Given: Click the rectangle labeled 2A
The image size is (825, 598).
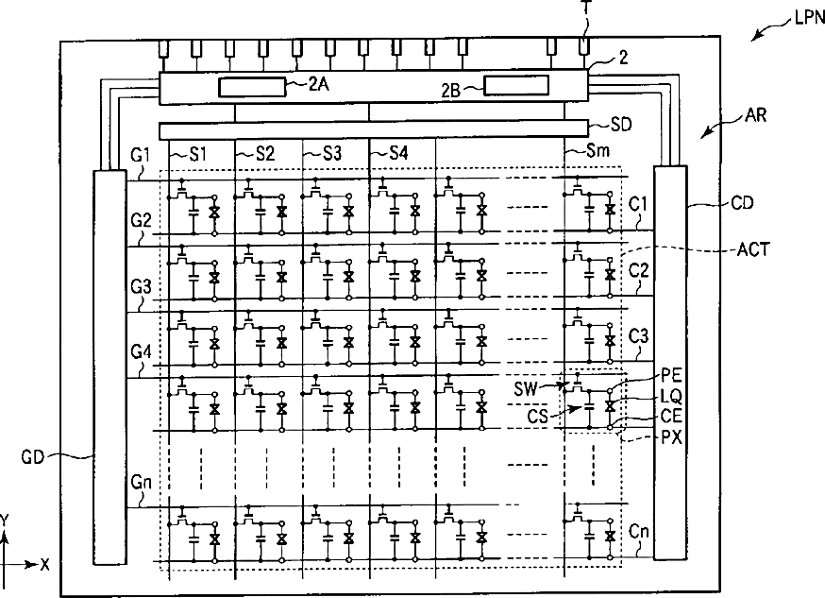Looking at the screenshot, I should coord(252,88).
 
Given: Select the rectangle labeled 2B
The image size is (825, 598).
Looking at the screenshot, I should coord(515,87).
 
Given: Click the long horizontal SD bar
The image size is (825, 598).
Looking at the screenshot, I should coord(374,129).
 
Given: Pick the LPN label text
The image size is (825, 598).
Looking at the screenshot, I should coord(805,18).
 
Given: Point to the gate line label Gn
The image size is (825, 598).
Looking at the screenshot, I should coord(142,481).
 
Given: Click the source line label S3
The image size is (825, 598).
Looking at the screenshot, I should coord(332,152).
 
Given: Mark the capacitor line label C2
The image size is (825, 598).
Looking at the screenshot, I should coord(638,269).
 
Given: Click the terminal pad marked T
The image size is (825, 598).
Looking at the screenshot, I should coord(585,45).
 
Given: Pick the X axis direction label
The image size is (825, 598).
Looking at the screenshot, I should coord(44,564).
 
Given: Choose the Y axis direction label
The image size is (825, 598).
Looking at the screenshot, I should coord(8,521).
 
